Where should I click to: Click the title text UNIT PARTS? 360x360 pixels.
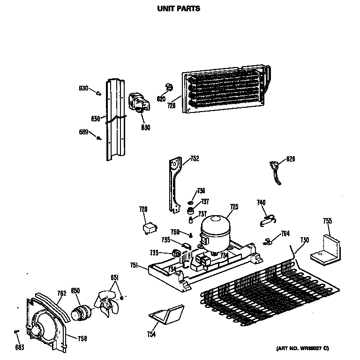pyautogui.click(x=178, y=8)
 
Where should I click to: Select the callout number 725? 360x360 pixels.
pyautogui.click(x=234, y=206)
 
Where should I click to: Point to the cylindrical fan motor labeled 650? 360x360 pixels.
pyautogui.click(x=82, y=310)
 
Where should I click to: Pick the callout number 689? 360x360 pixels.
pyautogui.click(x=83, y=133)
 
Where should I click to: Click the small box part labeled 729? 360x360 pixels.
pyautogui.click(x=150, y=228)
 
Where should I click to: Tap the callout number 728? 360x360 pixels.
pyautogui.click(x=172, y=106)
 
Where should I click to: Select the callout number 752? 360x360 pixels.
pyautogui.click(x=195, y=159)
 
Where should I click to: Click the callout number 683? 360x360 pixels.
pyautogui.click(x=18, y=347)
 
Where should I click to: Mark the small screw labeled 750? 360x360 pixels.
pyautogui.click(x=191, y=235)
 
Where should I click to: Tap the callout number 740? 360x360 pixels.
pyautogui.click(x=261, y=202)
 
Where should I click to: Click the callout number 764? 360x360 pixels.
pyautogui.click(x=285, y=233)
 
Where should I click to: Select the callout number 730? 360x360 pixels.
pyautogui.click(x=304, y=240)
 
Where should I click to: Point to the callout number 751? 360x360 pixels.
pyautogui.click(x=134, y=266)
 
